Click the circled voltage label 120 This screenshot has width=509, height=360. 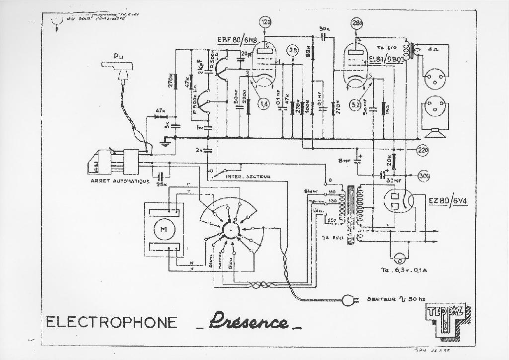(x=266, y=22)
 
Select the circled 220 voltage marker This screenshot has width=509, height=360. (x=423, y=150)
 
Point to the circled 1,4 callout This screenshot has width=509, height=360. (x=264, y=103)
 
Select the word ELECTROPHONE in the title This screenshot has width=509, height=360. (x=111, y=322)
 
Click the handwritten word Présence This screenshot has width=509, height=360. (x=248, y=321)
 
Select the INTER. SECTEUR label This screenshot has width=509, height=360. (x=248, y=176)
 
